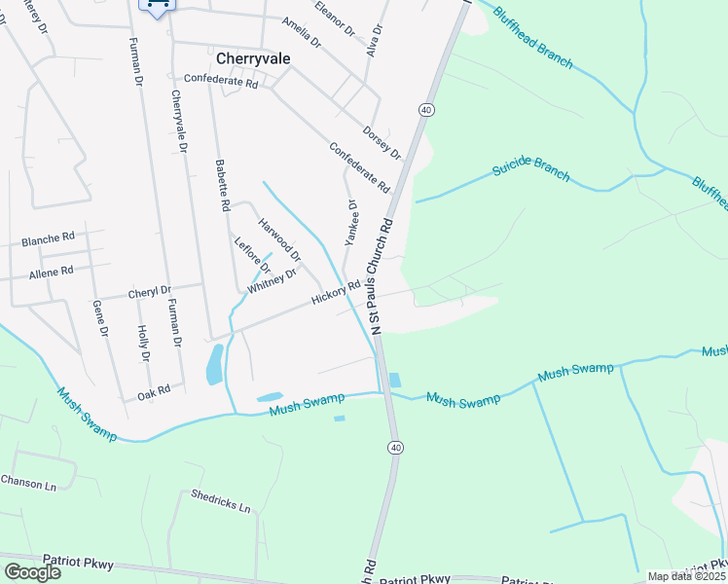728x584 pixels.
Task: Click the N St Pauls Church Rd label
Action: click(x=379, y=276)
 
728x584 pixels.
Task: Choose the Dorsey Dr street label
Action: click(x=382, y=142)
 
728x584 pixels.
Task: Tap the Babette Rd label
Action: click(x=222, y=186)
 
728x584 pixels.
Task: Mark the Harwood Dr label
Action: click(x=279, y=239)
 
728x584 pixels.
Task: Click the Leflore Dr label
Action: click(x=251, y=255)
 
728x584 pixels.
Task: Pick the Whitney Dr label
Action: click(x=272, y=281)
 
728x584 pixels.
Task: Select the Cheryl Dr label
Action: click(x=150, y=291)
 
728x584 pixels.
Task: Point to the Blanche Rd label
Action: click(x=48, y=238)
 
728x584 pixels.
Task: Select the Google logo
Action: click(x=32, y=571)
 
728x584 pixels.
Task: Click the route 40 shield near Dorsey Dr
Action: click(x=426, y=111)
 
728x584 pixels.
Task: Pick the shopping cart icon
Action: click(x=157, y=6)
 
